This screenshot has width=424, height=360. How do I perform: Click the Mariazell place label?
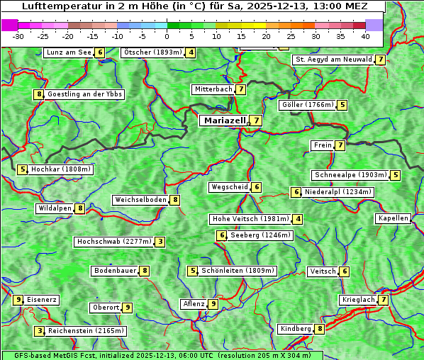coord(223,120)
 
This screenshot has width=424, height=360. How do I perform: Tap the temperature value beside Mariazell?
coord(256,120)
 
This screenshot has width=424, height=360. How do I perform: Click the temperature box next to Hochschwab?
coord(161,242)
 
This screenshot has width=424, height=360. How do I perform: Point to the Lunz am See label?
coord(69,52)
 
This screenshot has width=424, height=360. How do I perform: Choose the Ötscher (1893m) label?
coord(152,52)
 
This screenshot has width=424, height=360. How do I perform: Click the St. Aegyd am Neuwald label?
coord(333,60)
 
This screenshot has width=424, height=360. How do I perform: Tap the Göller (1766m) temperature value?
coord(342,105)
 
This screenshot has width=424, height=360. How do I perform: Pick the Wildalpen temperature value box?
coord(81,208)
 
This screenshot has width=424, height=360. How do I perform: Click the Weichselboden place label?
coord(140,200)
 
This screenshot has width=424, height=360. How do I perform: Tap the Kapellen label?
coord(393,218)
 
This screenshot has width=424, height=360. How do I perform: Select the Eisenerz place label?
coord(42,300)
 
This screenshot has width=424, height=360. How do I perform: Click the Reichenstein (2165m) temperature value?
coord(40,330)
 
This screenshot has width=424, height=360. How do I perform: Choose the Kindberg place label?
coord(296,329)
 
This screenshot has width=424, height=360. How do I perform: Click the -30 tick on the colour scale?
coord(18,36)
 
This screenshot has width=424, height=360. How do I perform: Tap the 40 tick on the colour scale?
coord(365,36)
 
